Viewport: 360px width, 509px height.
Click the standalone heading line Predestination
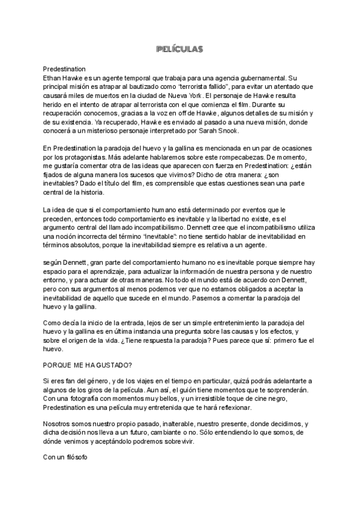(x=68, y=69)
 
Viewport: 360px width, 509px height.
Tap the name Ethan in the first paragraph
(x=55, y=78)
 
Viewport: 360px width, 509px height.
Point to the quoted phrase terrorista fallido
(x=197, y=87)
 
